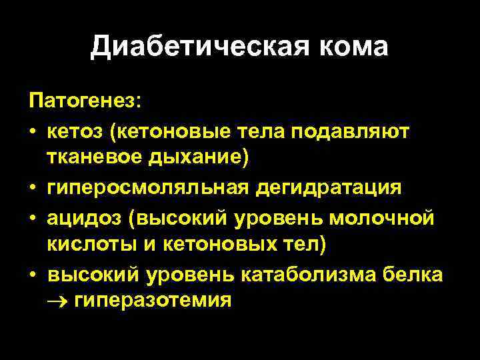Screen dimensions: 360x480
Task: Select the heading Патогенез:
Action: pos(85,103)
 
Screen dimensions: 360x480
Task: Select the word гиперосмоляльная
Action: pos(147,187)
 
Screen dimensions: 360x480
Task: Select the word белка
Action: pos(416,273)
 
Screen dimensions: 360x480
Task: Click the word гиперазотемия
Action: pos(153,301)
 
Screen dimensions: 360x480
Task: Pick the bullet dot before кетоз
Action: pos(32,132)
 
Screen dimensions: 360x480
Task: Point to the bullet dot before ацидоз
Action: pos(32,217)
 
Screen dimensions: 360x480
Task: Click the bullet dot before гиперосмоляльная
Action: pos(32,188)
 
